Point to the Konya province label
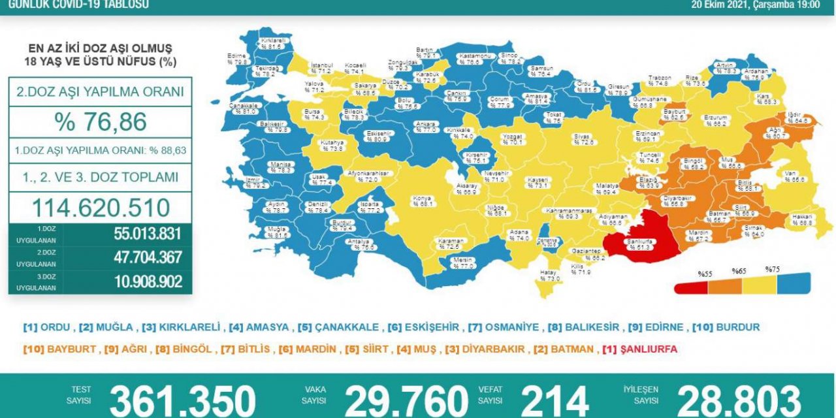[x=421, y=200]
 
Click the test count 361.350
[x=182, y=400]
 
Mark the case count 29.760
[x=406, y=400]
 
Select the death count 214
[x=555, y=400]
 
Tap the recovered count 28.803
[x=739, y=400]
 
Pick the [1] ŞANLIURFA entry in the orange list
[x=639, y=349]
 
